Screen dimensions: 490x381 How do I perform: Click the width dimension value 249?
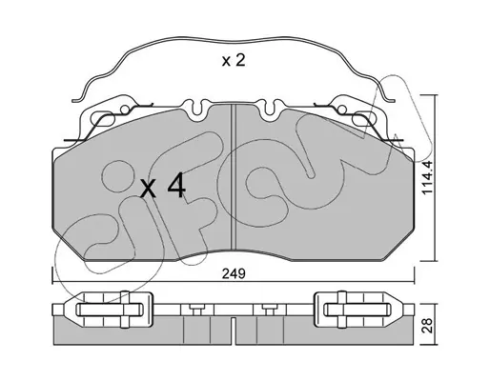(x=234, y=273)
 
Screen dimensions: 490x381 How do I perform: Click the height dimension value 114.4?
(x=428, y=177)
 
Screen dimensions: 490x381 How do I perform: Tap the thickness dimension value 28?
(x=428, y=326)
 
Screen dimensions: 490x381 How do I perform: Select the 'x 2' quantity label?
(x=234, y=60)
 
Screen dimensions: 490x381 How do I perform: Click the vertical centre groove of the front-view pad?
(x=234, y=177)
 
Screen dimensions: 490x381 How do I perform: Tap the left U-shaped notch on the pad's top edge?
(x=197, y=108)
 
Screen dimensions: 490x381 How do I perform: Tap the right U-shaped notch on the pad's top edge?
(x=270, y=108)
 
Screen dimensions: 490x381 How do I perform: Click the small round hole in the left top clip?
(x=125, y=110)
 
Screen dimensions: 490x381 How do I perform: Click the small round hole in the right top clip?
(x=342, y=110)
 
